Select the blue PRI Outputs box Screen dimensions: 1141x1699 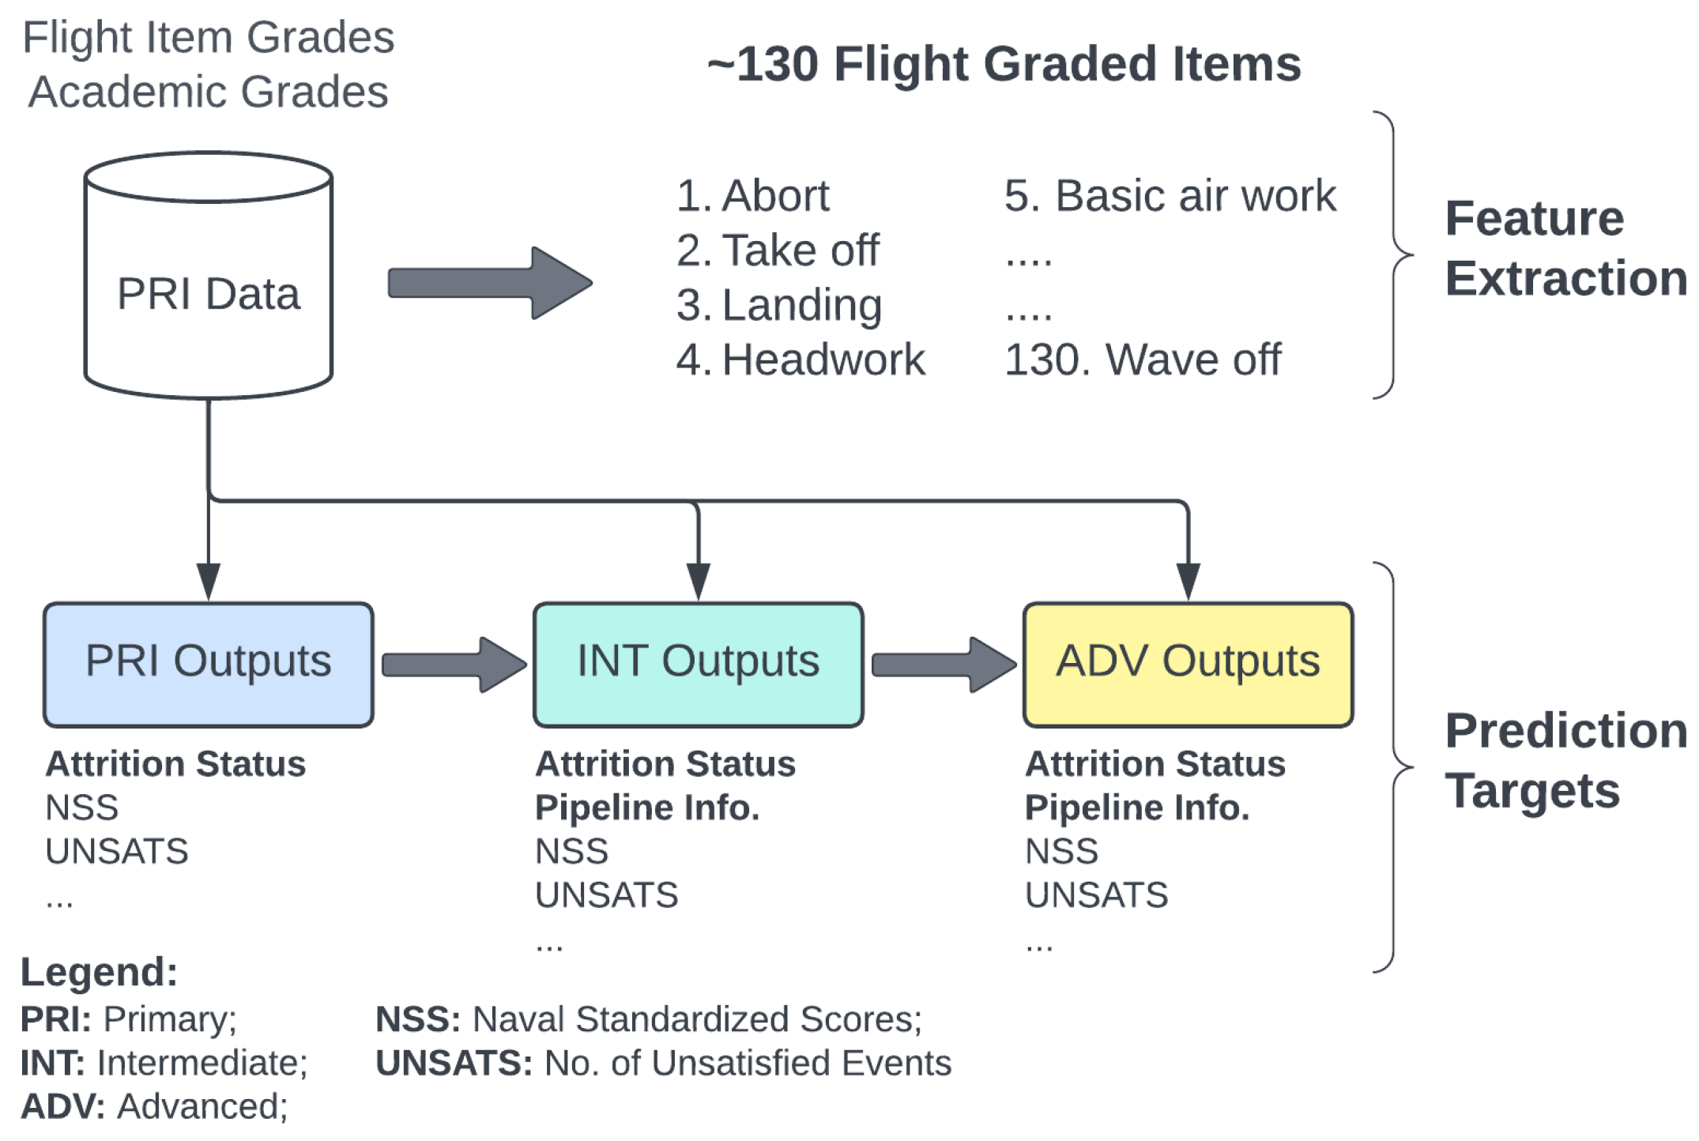tap(208, 664)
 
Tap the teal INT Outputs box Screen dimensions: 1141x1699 tap(698, 664)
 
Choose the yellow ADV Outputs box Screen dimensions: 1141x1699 tap(1188, 664)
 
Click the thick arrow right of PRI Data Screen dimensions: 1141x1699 tap(490, 283)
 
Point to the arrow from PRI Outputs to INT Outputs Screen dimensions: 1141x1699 tap(454, 665)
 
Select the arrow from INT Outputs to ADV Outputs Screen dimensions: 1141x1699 tap(944, 665)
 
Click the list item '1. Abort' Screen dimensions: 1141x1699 tap(752, 195)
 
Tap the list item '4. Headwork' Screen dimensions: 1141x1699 tap(800, 360)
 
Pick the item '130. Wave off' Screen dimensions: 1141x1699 tap(1142, 360)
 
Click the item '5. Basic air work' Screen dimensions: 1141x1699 tap(1170, 195)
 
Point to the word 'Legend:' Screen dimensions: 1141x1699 tap(99, 972)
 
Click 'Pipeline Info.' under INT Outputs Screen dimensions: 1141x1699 tap(646, 808)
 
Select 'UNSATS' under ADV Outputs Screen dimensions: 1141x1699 tap(1096, 895)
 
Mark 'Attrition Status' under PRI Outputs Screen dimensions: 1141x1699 tap(175, 764)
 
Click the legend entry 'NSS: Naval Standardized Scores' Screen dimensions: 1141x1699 tap(648, 1019)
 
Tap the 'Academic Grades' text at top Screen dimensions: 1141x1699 tap(208, 92)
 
